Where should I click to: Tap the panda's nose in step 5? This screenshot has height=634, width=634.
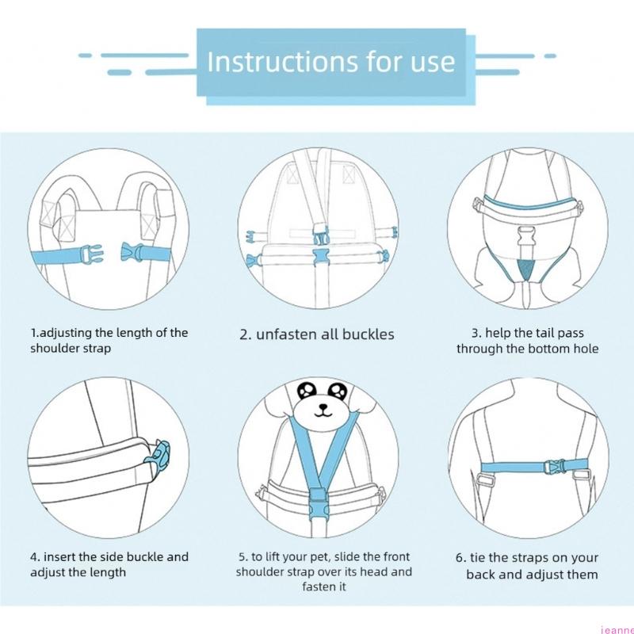tap(323, 407)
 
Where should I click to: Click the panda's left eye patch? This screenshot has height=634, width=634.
tap(306, 390)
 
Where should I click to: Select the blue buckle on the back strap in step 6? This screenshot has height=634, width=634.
tap(554, 467)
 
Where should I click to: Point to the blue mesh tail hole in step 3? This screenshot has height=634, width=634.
tap(525, 269)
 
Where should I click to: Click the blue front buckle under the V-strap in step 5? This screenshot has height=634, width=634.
tap(318, 503)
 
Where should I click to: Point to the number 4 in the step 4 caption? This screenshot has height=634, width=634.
tap(34, 557)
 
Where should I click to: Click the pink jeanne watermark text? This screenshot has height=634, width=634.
tap(617, 629)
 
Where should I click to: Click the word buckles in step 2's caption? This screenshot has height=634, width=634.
tap(368, 334)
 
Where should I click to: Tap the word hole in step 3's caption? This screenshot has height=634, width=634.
tap(586, 348)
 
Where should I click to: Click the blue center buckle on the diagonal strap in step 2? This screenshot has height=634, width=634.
tap(322, 235)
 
